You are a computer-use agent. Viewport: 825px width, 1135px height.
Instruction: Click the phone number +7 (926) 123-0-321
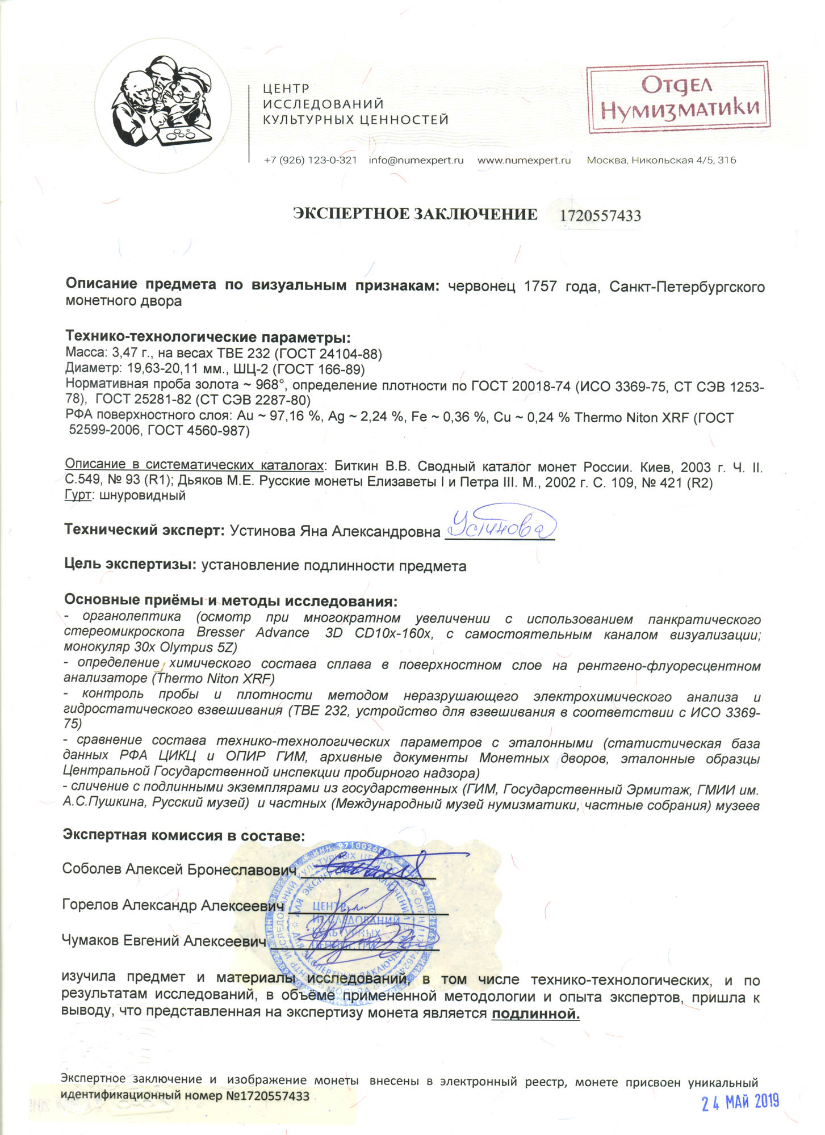pos(310,160)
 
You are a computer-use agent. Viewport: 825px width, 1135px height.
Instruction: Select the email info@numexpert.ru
pos(416,160)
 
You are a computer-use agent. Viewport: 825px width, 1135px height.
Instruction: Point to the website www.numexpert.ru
pos(524,160)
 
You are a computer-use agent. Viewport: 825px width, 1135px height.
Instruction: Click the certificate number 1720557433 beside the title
pos(600,216)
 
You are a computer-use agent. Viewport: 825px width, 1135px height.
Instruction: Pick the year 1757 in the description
pos(540,286)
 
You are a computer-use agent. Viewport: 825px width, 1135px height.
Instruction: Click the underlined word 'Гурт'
pos(78,495)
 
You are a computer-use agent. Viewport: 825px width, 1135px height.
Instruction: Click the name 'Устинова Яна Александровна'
pos(334,531)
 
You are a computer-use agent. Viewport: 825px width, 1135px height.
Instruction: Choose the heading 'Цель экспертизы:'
pos(130,564)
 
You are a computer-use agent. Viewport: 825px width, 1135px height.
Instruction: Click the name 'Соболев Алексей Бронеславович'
pos(179,869)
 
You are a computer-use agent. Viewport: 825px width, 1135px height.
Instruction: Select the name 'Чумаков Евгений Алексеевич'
pos(164,941)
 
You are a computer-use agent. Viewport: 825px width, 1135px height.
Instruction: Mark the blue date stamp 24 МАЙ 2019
pos(740,1102)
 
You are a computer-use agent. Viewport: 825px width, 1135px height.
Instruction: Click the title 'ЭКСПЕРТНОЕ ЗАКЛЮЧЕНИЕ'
pos(414,214)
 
